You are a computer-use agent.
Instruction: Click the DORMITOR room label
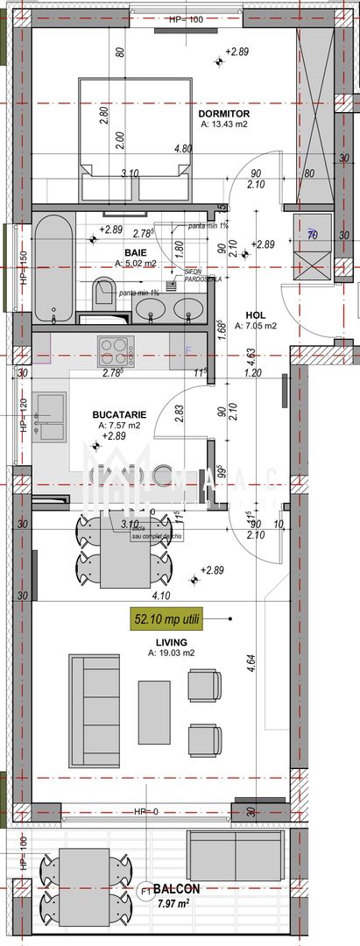[224, 114]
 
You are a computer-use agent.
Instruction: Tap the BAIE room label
[111, 251]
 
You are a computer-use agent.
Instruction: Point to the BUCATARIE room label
[118, 414]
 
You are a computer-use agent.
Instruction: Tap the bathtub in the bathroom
[55, 269]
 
